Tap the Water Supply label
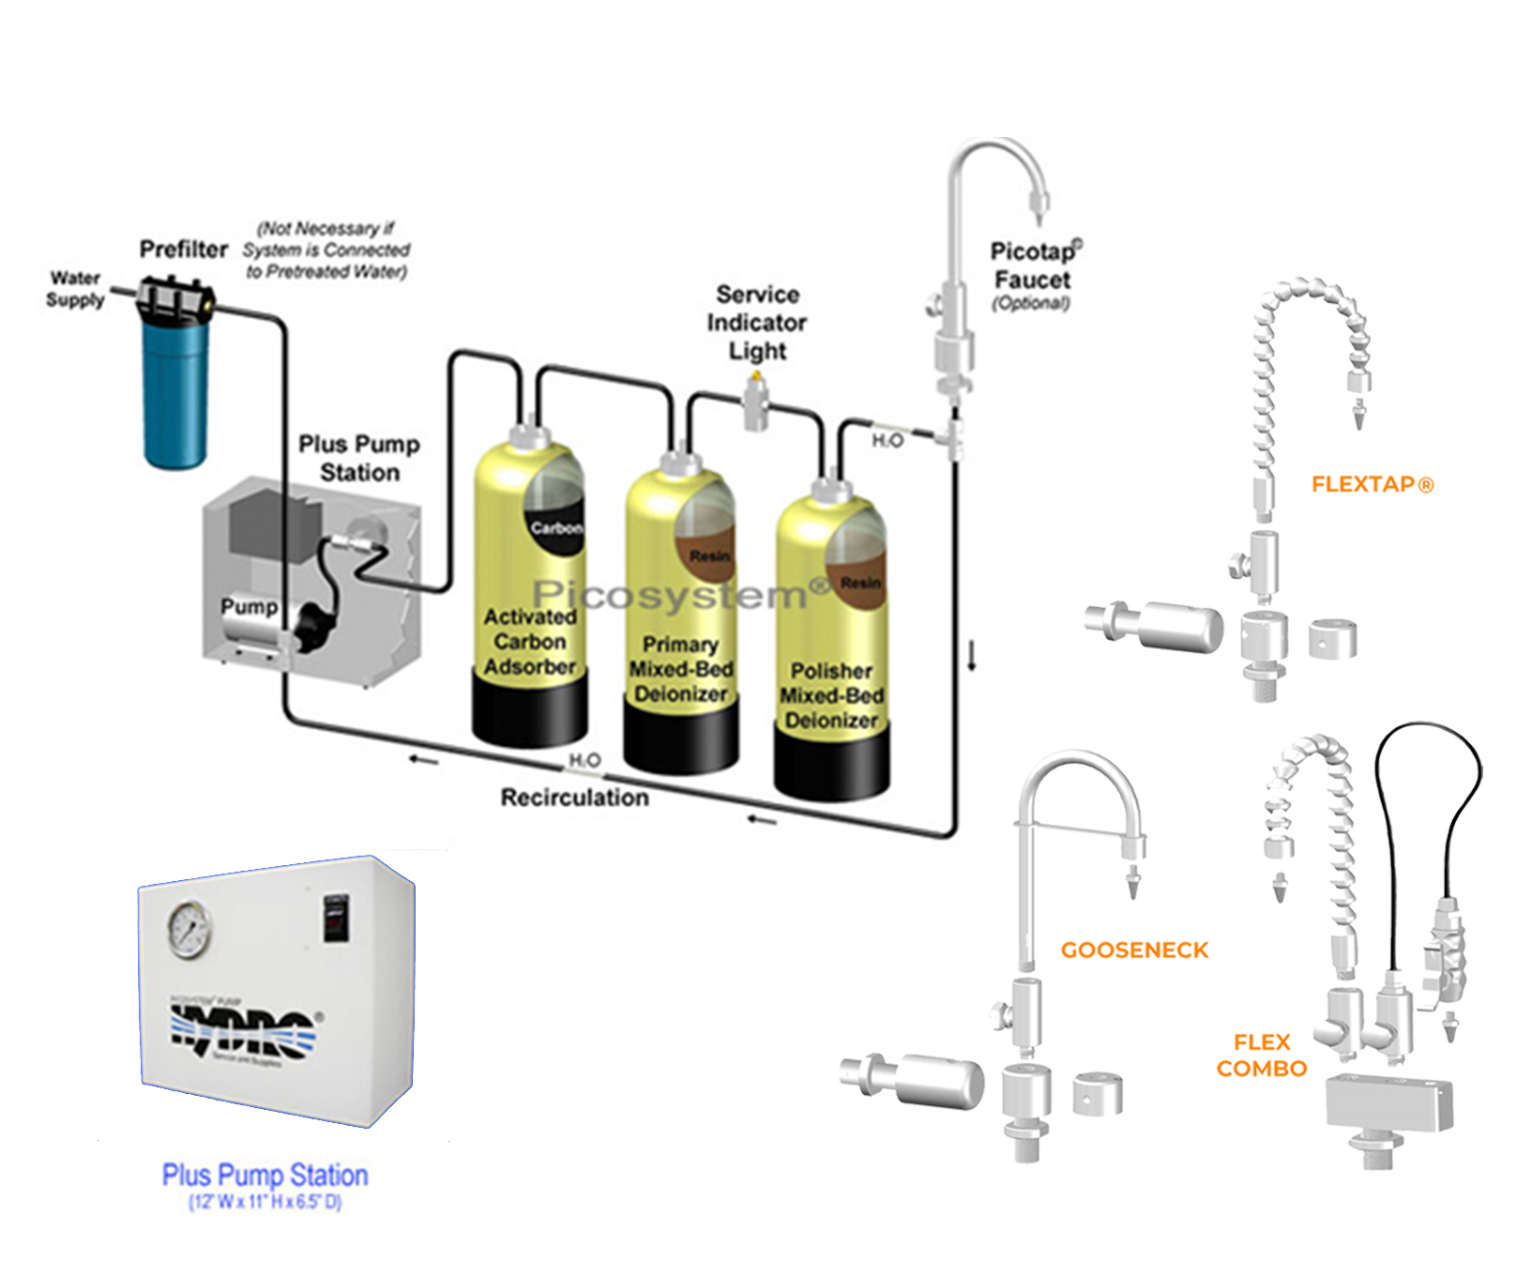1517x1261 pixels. (x=75, y=289)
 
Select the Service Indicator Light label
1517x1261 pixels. (x=757, y=322)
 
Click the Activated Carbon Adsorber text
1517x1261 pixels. (x=530, y=642)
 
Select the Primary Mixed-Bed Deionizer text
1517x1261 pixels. (x=681, y=669)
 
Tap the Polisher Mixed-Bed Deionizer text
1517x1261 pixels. (x=831, y=695)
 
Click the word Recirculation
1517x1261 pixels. (x=574, y=798)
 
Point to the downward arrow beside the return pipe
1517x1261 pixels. (x=972, y=655)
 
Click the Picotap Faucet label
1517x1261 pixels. (x=1032, y=266)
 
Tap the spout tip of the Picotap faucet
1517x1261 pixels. (x=1039, y=203)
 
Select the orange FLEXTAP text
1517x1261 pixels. (x=1372, y=485)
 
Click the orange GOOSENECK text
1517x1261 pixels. (x=1134, y=950)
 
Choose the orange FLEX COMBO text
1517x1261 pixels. (x=1262, y=1056)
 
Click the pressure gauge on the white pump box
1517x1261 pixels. (x=190, y=930)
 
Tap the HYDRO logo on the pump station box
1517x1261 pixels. (x=242, y=1030)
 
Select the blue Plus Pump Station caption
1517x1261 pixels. (x=265, y=1175)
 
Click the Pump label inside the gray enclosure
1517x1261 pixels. (x=249, y=607)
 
